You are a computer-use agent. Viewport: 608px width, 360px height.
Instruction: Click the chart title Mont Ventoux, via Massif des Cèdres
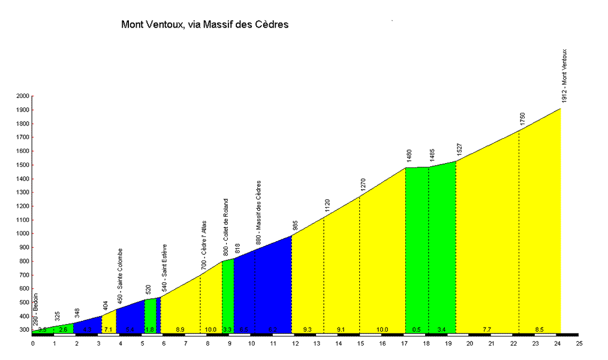[205, 25]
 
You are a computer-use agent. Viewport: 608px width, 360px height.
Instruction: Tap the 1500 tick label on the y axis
[22, 165]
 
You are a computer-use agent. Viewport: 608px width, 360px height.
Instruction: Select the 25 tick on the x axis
[579, 343]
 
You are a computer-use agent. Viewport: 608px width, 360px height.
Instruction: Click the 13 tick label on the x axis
[317, 343]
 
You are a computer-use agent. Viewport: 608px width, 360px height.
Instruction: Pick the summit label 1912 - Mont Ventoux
[564, 74]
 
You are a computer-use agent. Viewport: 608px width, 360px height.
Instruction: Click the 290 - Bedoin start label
[35, 308]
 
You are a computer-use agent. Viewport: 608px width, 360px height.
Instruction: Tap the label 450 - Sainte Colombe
[120, 275]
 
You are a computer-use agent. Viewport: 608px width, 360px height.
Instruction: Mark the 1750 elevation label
[522, 119]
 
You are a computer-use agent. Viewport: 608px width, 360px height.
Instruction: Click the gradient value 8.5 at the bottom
[539, 329]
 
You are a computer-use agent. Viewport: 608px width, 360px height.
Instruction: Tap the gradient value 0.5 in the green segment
[416, 329]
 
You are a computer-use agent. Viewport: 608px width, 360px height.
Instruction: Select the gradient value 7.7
[487, 329]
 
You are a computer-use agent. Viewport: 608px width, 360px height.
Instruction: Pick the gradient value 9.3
[308, 329]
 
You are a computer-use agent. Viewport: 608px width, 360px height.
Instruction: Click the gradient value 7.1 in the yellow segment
[108, 329]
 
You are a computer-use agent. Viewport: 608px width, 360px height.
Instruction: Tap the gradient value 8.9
[180, 329]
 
